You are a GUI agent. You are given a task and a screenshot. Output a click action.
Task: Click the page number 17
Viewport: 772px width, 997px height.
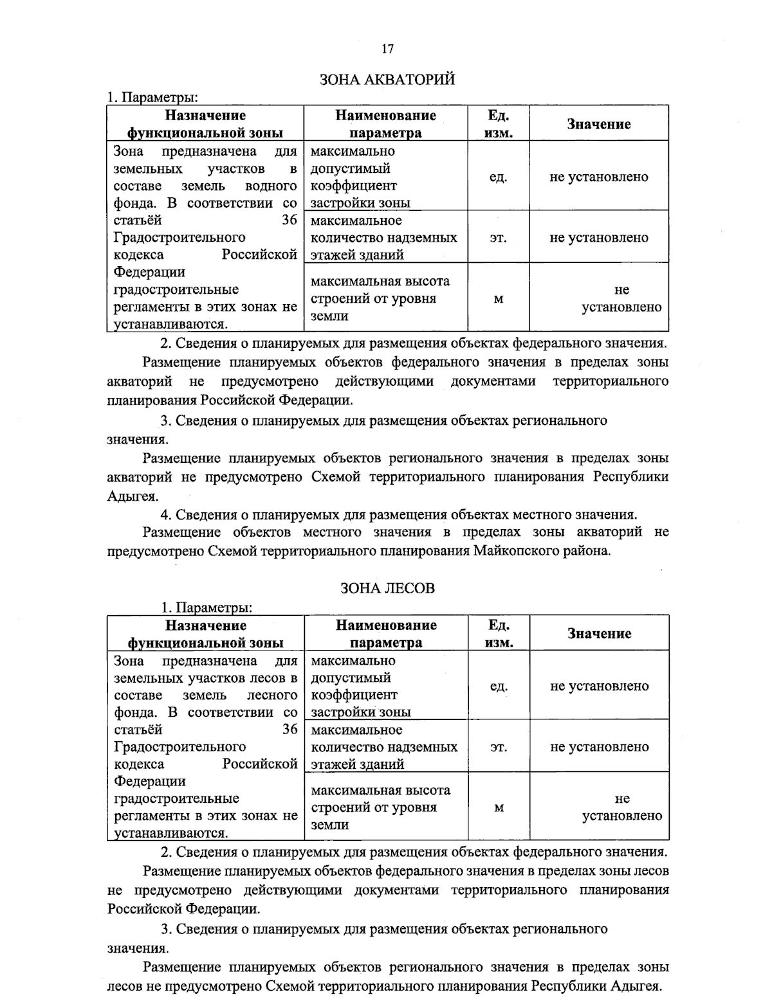click(387, 49)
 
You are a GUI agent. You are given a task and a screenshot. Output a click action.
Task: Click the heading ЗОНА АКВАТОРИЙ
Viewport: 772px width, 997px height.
click(387, 80)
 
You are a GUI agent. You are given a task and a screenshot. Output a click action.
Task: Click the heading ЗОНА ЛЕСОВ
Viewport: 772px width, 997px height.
click(387, 588)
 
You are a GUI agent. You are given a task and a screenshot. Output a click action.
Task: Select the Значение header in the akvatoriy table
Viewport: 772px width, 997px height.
click(598, 124)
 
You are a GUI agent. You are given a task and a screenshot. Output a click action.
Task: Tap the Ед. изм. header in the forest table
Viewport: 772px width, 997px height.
click(499, 633)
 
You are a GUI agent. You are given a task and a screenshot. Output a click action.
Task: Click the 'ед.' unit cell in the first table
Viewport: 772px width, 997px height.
click(498, 177)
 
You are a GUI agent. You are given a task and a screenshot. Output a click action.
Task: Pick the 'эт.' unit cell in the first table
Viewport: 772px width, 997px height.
click(498, 238)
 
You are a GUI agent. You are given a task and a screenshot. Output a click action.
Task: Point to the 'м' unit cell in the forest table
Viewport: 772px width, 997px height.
click(499, 808)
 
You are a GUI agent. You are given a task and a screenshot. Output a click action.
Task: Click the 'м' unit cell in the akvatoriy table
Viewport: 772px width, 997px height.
click(498, 299)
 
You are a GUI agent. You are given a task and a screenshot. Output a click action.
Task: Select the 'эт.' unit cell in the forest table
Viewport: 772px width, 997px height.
click(499, 747)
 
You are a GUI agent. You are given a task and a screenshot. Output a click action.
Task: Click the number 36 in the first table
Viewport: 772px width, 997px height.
click(289, 220)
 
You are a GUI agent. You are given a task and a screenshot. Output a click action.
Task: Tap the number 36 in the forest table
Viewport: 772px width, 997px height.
click(289, 730)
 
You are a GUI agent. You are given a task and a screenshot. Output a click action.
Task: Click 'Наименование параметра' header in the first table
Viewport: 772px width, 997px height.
click(385, 124)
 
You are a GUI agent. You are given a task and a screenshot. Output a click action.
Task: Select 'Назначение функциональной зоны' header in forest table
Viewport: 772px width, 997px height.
click(205, 633)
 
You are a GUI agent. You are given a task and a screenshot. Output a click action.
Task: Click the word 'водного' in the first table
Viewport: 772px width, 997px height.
click(271, 186)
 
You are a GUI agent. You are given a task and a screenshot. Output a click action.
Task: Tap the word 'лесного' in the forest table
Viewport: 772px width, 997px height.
click(272, 695)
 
